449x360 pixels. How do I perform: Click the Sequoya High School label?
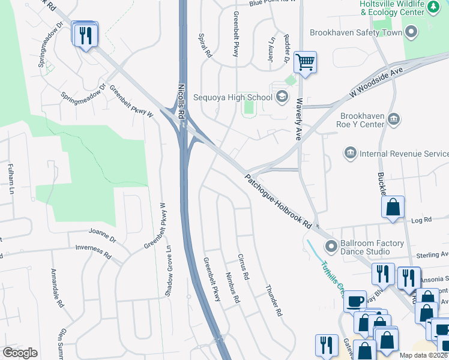click(233, 97)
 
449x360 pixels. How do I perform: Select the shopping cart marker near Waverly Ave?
click(306, 62)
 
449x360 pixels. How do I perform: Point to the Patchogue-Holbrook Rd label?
click(277, 201)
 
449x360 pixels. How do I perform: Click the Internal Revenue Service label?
click(403, 154)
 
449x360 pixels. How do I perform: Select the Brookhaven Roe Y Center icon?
click(394, 118)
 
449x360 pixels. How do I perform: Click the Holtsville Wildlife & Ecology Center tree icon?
click(433, 7)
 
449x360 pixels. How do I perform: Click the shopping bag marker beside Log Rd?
click(393, 208)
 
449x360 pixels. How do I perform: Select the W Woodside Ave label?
click(375, 83)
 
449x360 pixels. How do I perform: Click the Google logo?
click(20, 353)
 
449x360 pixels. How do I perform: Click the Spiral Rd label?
click(205, 45)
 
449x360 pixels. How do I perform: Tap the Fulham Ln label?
click(10, 178)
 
